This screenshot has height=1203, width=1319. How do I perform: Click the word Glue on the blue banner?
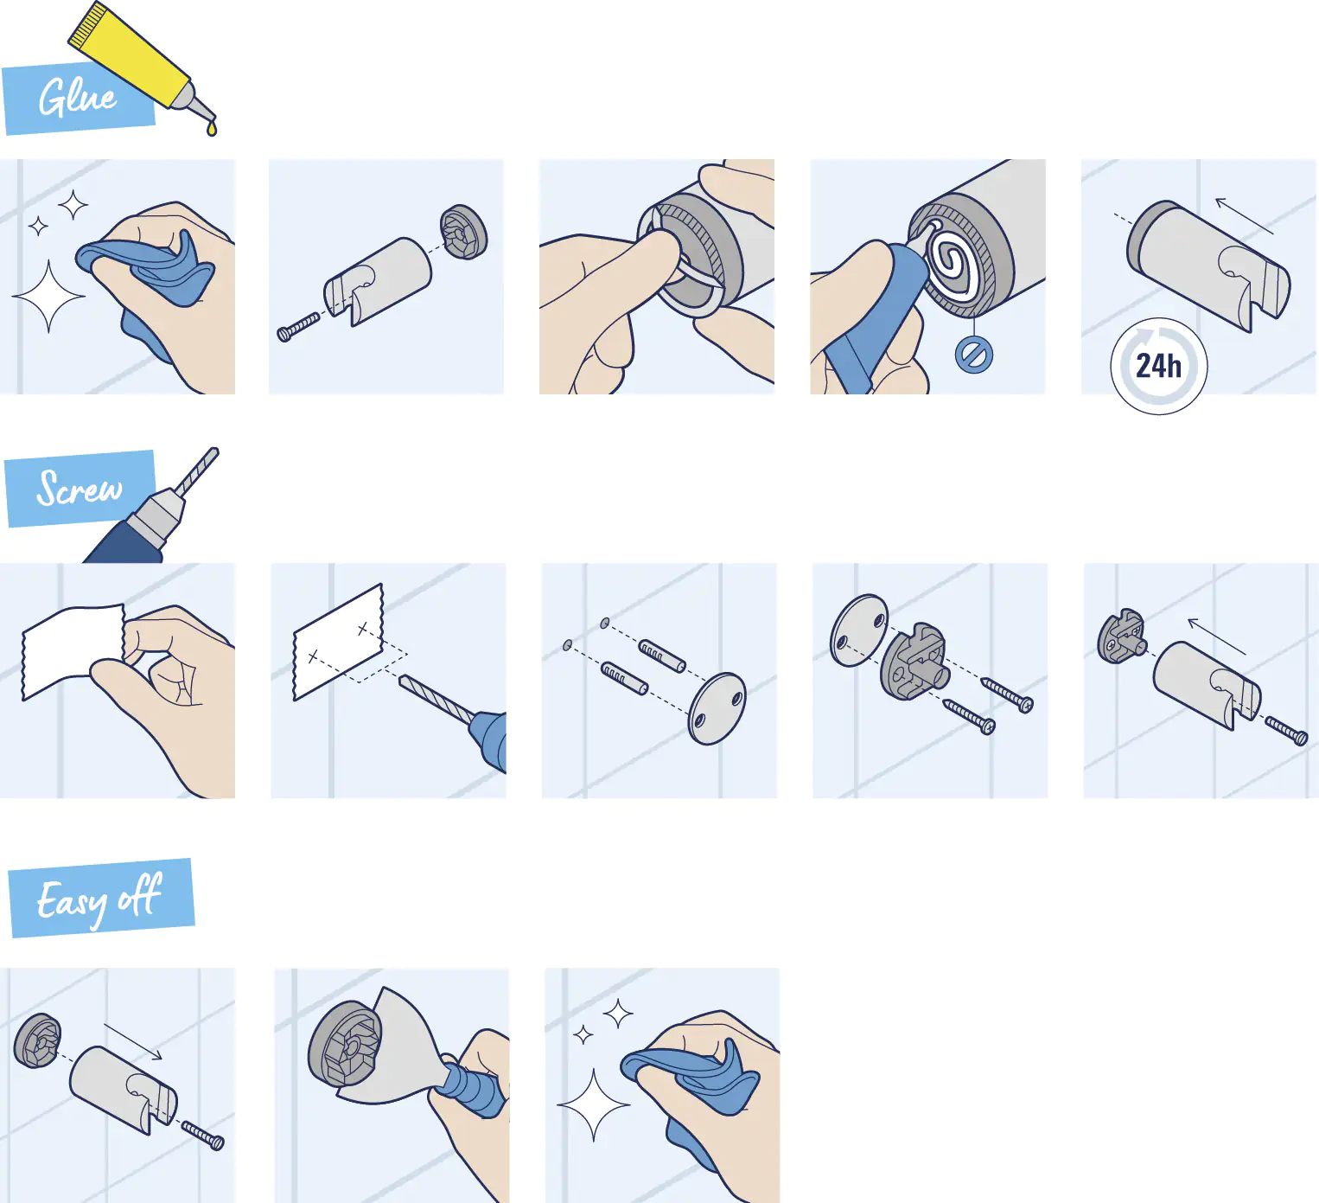[x=77, y=97]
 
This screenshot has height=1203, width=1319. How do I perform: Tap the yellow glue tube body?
[x=130, y=52]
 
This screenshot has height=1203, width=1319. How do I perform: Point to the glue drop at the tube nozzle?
[x=212, y=129]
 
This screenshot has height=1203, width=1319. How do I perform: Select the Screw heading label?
[x=80, y=489]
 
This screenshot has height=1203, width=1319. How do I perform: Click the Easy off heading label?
[x=99, y=899]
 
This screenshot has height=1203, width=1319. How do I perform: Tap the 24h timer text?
[x=1158, y=367]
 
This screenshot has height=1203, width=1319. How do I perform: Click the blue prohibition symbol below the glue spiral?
[x=974, y=355]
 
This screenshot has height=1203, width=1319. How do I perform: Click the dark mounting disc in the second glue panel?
[x=464, y=232]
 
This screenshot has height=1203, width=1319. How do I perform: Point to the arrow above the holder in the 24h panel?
[x=1244, y=215]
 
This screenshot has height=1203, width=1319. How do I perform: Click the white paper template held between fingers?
[x=69, y=649]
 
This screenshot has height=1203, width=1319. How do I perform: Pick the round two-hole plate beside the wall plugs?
[x=717, y=708]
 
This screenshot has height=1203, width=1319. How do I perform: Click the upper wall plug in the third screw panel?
[x=662, y=656]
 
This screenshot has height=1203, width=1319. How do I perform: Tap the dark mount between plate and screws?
[x=914, y=662]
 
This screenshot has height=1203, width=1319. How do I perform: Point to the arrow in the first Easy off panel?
[x=132, y=1041]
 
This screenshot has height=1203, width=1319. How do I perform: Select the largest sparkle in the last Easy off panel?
[x=594, y=1104]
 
